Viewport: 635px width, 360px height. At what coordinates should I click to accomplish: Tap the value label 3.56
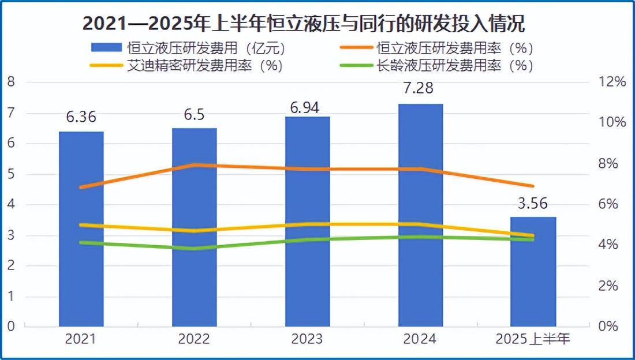coord(533,202)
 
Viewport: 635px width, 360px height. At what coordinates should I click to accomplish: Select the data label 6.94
coord(307,107)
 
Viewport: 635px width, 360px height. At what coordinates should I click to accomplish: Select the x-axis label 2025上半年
coord(533,338)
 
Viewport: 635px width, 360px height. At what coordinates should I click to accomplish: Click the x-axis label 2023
coord(307,338)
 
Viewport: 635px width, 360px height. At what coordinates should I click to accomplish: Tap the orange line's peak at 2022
coord(195,165)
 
